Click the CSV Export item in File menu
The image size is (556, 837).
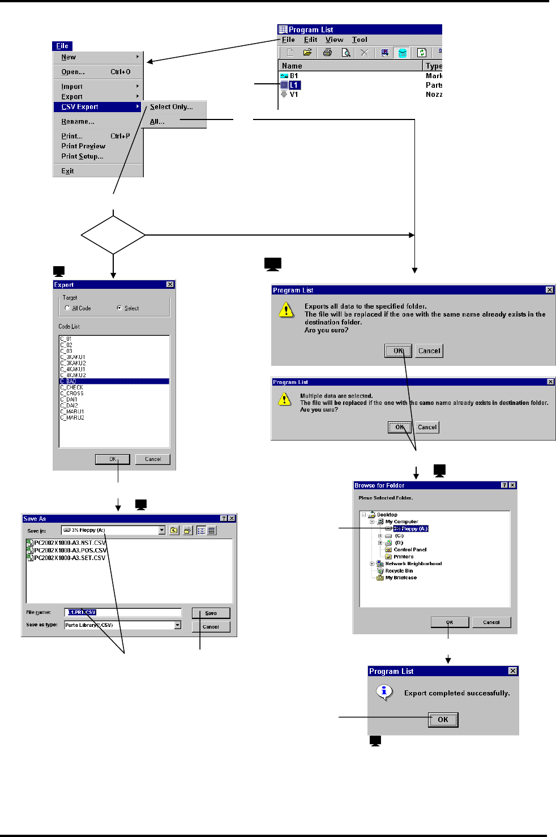tap(80, 107)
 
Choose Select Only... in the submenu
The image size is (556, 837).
tap(171, 107)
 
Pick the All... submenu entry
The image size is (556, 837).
tap(157, 122)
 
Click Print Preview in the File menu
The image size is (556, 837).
tap(83, 146)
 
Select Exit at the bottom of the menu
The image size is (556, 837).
tap(68, 171)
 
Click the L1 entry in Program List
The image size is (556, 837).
tap(294, 85)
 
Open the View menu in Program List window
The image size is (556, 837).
tap(334, 40)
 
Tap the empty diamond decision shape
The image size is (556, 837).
tap(113, 234)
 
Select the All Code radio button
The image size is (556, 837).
tap(67, 308)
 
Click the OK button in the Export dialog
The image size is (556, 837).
tap(112, 459)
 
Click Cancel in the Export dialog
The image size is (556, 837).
tap(153, 459)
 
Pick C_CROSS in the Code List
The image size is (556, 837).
tap(72, 394)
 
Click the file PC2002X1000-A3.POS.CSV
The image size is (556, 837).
tap(70, 550)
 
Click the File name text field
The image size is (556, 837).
tap(123, 612)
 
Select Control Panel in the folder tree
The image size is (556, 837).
tap(410, 550)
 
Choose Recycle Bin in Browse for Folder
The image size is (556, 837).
tap(399, 571)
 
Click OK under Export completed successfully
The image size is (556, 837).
tap(443, 720)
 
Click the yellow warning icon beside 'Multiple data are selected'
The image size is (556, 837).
tap(284, 399)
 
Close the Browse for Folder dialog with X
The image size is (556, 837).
tap(512, 485)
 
